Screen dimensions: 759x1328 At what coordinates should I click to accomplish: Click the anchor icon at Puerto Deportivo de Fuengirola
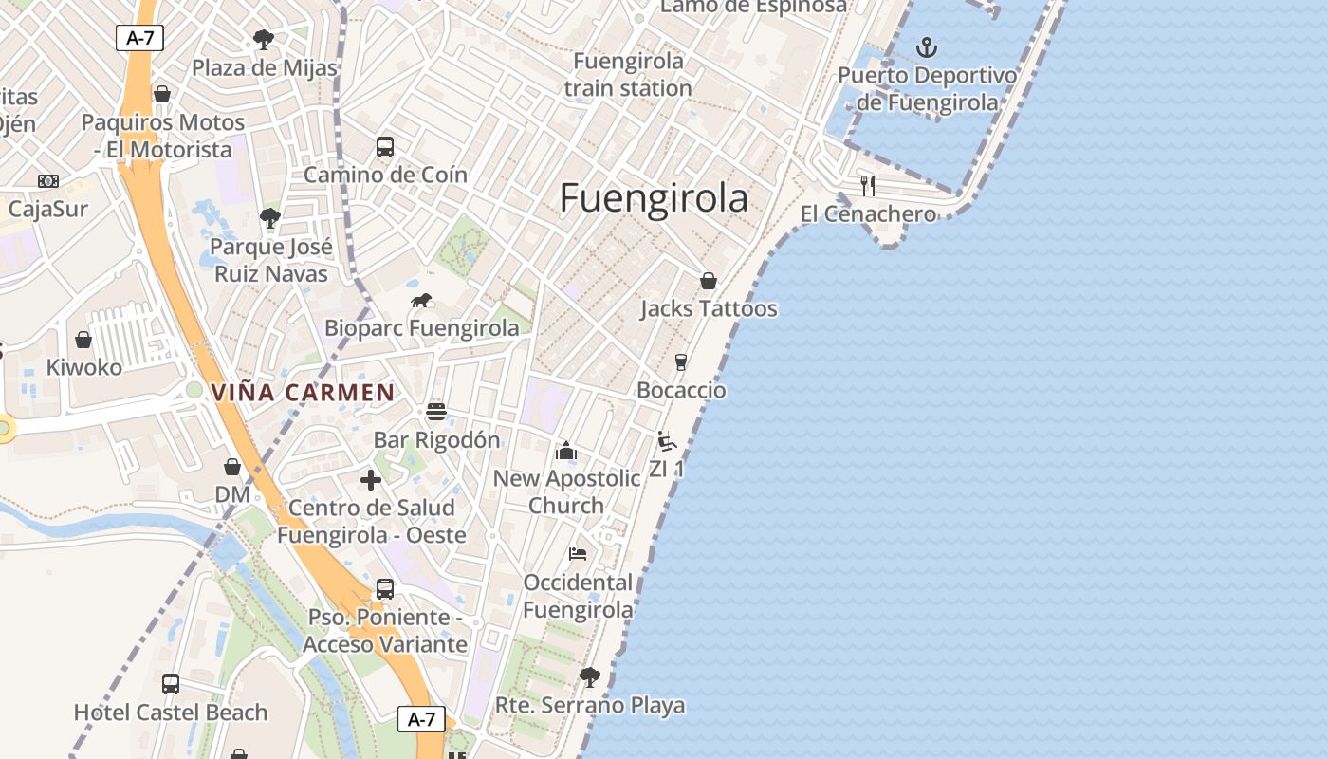(927, 46)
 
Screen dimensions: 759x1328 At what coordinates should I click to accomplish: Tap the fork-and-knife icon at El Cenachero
(867, 185)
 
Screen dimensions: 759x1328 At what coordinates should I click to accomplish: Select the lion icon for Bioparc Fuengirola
(421, 302)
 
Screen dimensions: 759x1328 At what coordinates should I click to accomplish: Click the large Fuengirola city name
(654, 198)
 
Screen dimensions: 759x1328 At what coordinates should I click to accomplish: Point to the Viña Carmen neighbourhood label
(303, 392)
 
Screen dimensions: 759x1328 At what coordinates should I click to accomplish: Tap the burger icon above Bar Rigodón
(436, 412)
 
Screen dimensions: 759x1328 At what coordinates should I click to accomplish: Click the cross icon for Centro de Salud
(371, 480)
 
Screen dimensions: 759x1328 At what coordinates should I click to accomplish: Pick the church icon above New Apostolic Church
(566, 450)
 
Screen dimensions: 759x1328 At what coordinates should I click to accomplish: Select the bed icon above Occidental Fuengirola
(578, 554)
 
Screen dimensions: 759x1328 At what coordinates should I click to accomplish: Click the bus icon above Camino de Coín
(385, 146)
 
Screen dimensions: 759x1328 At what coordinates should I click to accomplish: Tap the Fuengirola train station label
(628, 74)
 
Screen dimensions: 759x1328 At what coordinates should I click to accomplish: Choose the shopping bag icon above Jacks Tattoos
(708, 281)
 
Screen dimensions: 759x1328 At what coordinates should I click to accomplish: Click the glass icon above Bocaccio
(680, 361)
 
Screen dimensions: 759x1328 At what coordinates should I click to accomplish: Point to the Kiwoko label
(84, 367)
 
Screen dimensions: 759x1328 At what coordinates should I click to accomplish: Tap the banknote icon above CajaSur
(47, 180)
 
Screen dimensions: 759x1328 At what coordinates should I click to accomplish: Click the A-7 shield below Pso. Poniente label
(421, 719)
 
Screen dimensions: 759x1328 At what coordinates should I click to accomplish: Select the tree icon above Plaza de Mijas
(264, 40)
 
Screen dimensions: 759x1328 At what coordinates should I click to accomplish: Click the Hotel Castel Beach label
(171, 712)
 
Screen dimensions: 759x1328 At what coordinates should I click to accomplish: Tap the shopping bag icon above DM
(232, 467)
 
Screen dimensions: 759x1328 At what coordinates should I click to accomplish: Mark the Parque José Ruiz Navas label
(270, 261)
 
